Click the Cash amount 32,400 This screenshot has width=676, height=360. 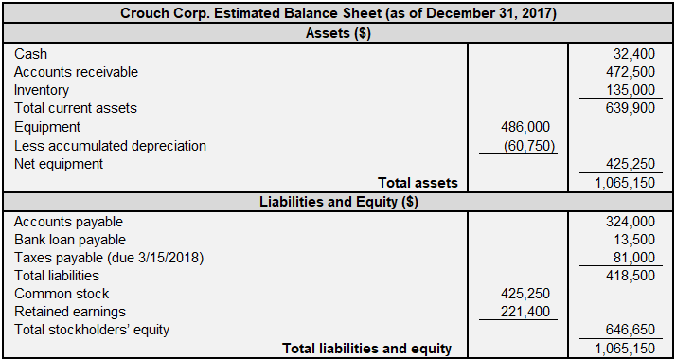click(x=634, y=54)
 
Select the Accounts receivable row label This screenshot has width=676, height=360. click(x=76, y=72)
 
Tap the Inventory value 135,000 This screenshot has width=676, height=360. click(x=631, y=90)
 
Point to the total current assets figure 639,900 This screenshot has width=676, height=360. click(x=631, y=108)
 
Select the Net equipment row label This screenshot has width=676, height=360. click(x=59, y=164)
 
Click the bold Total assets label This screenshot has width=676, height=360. click(x=418, y=183)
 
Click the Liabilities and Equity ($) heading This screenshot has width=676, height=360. click(x=338, y=202)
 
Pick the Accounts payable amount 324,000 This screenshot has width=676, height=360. click(x=631, y=222)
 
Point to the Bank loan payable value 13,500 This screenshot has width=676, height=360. click(x=634, y=240)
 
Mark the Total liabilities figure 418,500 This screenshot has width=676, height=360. click(x=631, y=276)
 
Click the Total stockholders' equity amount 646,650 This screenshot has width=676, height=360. click(x=631, y=330)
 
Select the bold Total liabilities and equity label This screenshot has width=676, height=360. click(x=367, y=349)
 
